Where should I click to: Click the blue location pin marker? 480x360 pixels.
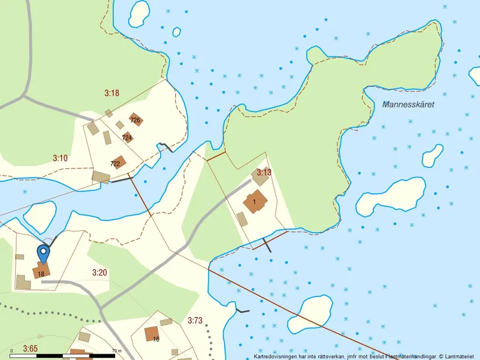click(x=43, y=254)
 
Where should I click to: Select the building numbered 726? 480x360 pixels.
click(x=136, y=120)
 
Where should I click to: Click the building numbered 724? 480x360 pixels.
click(x=127, y=137)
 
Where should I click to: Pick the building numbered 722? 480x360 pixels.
click(x=118, y=162)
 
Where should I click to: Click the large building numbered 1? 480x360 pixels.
click(x=255, y=202)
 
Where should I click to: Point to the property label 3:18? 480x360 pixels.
click(x=111, y=92)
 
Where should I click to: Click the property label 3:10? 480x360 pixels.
click(x=61, y=158)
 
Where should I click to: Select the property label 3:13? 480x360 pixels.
click(x=264, y=172)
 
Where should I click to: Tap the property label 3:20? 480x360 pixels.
click(x=99, y=272)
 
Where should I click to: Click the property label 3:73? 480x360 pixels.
click(x=195, y=320)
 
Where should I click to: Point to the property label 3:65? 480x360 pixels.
click(x=30, y=348)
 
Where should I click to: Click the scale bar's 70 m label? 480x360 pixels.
click(x=116, y=351)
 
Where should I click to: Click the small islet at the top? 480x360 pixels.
click(x=139, y=13)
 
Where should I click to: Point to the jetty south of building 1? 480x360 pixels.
click(x=267, y=245)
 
